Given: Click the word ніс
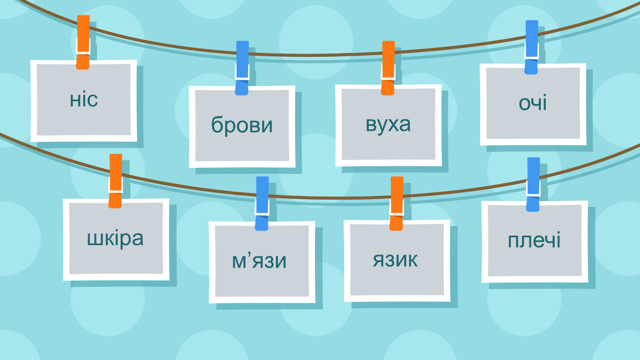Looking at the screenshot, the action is (84, 100).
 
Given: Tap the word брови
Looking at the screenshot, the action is (242, 125).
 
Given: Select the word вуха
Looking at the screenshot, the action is (388, 125).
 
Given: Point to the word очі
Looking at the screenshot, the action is (533, 102).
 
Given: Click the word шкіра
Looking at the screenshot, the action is (115, 238).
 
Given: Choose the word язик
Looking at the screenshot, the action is (395, 260).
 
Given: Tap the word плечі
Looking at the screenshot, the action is (534, 240).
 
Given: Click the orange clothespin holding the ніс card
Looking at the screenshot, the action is (83, 42).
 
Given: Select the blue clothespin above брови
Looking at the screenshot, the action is (242, 68).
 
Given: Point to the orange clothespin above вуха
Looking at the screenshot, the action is (388, 68).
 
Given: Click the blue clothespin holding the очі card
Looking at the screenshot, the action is (531, 47).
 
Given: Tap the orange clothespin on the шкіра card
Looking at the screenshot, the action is (115, 181).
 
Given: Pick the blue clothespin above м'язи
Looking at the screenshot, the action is (262, 203).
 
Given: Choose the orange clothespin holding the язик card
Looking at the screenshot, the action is (396, 203).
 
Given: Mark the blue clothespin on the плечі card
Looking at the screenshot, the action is (533, 185).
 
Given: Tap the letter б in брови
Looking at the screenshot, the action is (217, 124).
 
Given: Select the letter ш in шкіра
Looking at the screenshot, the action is (94, 239).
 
